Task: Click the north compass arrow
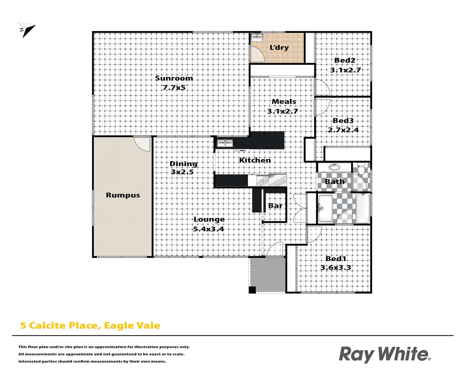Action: (27, 30)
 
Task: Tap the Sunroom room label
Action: (174, 78)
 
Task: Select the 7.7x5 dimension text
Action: (174, 87)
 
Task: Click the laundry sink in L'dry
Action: (257, 37)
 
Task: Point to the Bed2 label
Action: (344, 60)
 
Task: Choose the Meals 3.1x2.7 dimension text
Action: (282, 111)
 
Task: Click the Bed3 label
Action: (343, 121)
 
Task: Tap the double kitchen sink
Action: (225, 143)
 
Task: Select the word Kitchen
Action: (255, 160)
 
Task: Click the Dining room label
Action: (183, 164)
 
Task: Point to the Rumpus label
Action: (123, 195)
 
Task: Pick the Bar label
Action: (275, 206)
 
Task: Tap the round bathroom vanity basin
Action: (333, 167)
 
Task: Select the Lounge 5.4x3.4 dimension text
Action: (208, 229)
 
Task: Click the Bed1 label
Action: (336, 258)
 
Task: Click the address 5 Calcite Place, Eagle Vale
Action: (90, 325)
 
